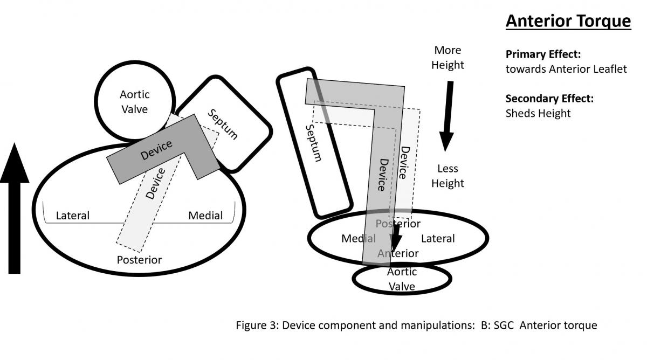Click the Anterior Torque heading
click(568, 22)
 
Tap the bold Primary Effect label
click(542, 54)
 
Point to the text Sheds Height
click(538, 113)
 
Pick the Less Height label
click(448, 176)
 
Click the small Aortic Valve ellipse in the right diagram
click(402, 279)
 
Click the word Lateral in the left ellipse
click(73, 216)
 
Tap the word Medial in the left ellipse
click(205, 216)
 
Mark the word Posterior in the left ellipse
click(139, 260)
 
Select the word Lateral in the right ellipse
click(438, 238)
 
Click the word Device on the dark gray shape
click(156, 150)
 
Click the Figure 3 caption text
click(416, 326)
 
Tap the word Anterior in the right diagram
click(398, 253)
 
